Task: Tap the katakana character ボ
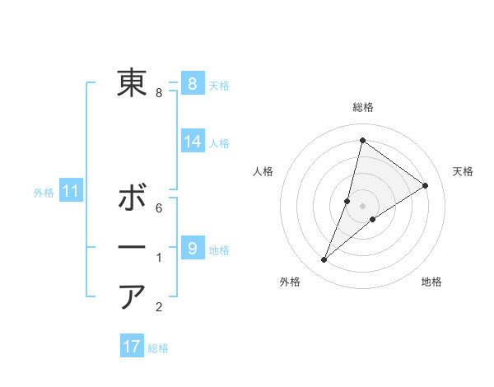tap(132, 198)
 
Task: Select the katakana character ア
tap(132, 296)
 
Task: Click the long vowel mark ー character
tap(132, 248)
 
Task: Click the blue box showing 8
tap(192, 83)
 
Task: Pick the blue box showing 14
tap(192, 142)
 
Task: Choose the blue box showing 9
tap(192, 247)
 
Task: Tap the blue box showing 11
tap(71, 192)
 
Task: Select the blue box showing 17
tap(132, 347)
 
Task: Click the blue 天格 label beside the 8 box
tap(219, 85)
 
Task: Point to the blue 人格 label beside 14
tap(219, 143)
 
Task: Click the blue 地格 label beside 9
tap(219, 249)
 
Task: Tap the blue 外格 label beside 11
tap(44, 193)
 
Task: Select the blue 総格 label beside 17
tap(158, 348)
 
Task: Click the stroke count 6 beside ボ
tap(159, 209)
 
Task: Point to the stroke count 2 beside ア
tap(159, 308)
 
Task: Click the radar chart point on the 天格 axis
tap(426, 185)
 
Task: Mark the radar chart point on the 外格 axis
tap(324, 260)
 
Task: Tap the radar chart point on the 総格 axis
tap(362, 140)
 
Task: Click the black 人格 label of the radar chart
tap(263, 171)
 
